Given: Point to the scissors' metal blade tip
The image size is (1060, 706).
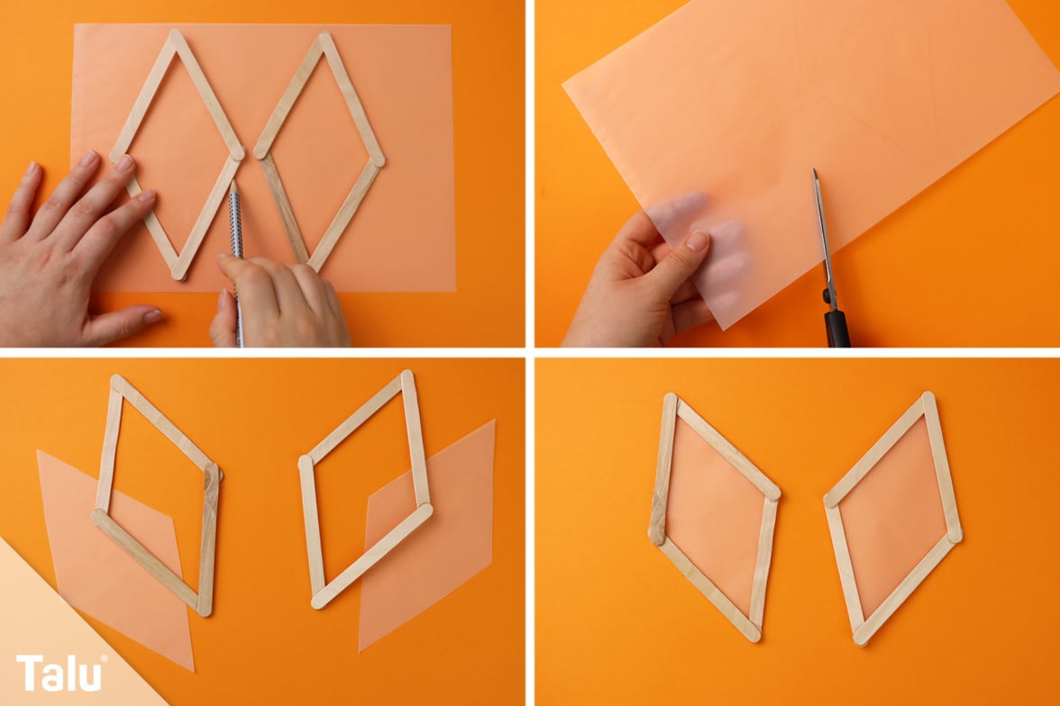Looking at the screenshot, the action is coord(815,172).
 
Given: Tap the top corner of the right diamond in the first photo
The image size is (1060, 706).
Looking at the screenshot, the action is coord(325,37).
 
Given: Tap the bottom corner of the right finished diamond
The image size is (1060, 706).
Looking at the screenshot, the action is coord(861,638).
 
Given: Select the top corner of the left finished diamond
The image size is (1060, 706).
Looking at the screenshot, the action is coord(670,399).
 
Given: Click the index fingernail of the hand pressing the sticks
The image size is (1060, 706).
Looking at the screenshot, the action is coord(126,163).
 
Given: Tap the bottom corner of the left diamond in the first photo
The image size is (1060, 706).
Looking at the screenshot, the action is coord(179,273).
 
